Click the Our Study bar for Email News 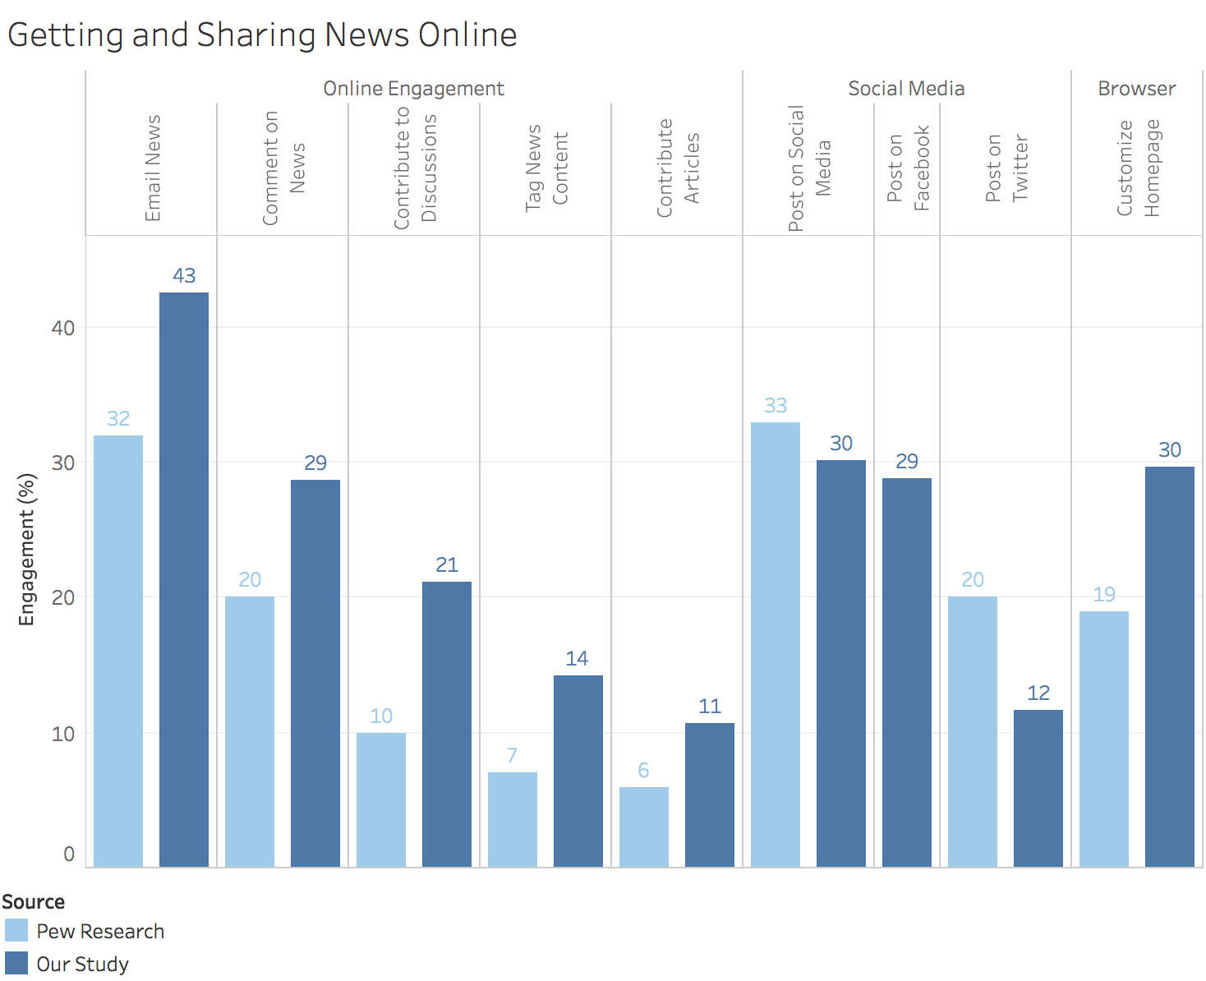[x=183, y=579]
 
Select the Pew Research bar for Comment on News [x=249, y=731]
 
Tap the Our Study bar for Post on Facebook [x=906, y=672]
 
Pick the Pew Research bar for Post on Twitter [x=972, y=731]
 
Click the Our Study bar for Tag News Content [x=578, y=771]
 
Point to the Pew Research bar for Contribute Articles [x=643, y=827]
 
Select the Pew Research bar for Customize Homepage [x=1103, y=739]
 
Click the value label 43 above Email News [x=184, y=276]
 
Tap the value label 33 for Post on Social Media [x=776, y=406]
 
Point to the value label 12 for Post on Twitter [x=1038, y=693]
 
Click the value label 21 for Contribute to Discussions [x=447, y=565]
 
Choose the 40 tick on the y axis [x=62, y=328]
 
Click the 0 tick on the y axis [x=69, y=854]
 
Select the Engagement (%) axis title [x=27, y=550]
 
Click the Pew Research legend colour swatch [x=16, y=931]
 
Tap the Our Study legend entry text [x=82, y=964]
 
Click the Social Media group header [x=906, y=89]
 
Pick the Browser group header [x=1136, y=89]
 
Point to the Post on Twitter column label [x=1006, y=168]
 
